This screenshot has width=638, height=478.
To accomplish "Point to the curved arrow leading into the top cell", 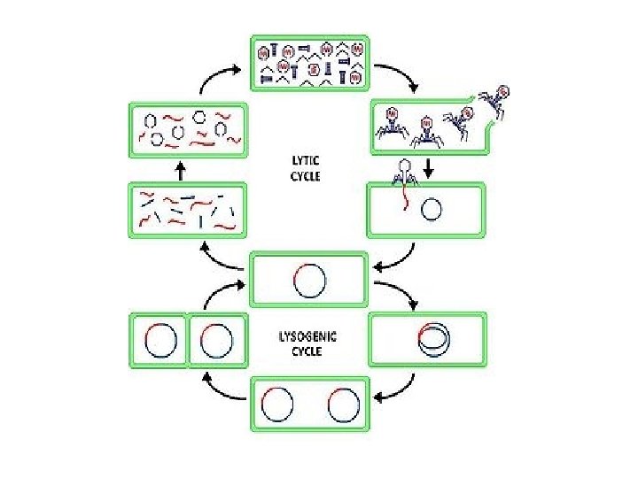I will coord(217,79).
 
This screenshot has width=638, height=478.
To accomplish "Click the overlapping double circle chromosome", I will coord(432,337).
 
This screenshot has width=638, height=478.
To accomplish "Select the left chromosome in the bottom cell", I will coord(277,405).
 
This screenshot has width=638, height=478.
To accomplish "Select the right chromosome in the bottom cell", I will coord(343,405).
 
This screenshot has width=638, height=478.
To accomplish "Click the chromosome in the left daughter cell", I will coord(159,340).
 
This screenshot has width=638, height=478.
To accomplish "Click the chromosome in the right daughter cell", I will coord(217,340).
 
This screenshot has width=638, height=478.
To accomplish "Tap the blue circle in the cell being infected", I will coord(432,211).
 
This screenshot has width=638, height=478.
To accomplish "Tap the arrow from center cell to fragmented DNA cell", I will coord(222,258).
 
